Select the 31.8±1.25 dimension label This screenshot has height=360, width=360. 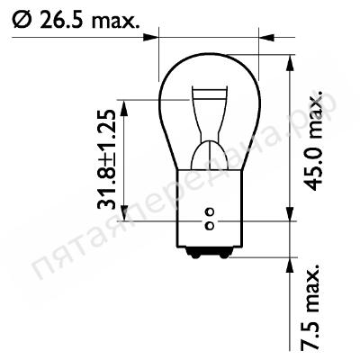click(x=106, y=159)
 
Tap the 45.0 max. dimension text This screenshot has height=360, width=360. click(x=315, y=140)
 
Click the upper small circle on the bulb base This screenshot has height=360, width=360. click(x=210, y=211)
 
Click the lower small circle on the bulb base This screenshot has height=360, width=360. click(x=210, y=225)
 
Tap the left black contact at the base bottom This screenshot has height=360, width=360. click(x=194, y=254)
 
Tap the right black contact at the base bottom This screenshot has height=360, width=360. click(x=224, y=254)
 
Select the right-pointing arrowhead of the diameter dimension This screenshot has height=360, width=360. click(x=150, y=38)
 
